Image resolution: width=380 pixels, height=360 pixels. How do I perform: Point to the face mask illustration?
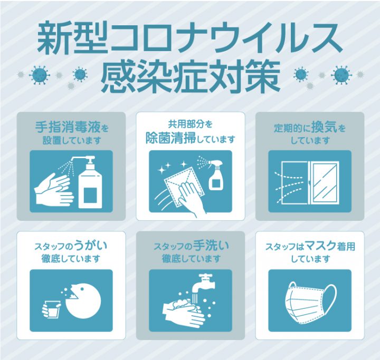pos(311,303)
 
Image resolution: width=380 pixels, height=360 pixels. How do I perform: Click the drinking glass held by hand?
pos(53,309)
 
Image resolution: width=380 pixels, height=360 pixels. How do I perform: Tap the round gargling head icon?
pos(83,301)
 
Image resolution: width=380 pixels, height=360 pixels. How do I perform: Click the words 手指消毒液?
pos(68,127)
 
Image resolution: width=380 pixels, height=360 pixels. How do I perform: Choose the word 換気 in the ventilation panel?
pos(324,127)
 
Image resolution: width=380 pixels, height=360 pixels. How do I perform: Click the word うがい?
pos(91,246)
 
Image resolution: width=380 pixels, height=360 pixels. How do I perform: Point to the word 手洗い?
pos(210,246)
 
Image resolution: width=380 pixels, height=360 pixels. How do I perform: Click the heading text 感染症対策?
pos(190,76)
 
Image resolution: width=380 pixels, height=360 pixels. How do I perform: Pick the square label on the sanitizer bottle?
pos(90,195)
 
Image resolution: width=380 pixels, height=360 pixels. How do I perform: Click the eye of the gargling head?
pos(82,289)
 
